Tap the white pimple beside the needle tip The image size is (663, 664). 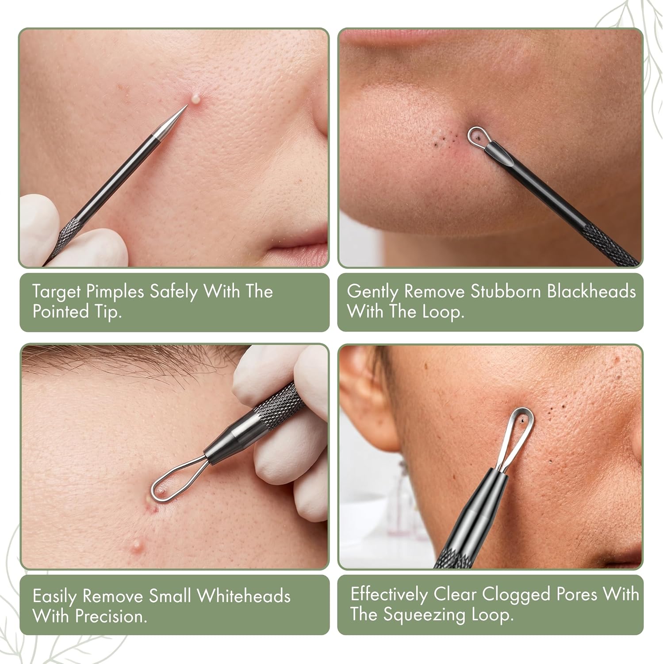click(195, 97)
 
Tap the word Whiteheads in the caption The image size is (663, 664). click(243, 596)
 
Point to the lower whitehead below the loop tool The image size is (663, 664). click(138, 543)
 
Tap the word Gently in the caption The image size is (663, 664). click(373, 293)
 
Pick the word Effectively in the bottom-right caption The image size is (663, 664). click(389, 595)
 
